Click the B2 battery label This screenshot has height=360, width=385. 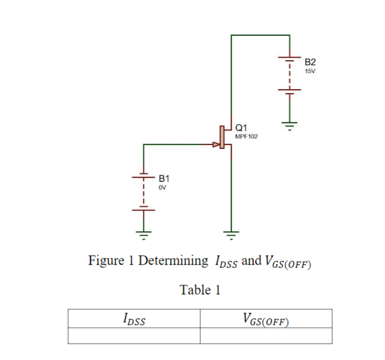[x=310, y=61]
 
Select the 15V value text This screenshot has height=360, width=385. [x=310, y=71]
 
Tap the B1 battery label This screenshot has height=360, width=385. [x=163, y=179]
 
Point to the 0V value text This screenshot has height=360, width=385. [x=162, y=188]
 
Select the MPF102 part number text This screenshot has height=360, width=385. [x=246, y=136]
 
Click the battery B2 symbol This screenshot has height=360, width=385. [x=289, y=75]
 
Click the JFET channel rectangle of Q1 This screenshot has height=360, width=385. [x=222, y=137]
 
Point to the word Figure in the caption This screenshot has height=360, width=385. [x=106, y=261]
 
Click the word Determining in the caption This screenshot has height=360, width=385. [x=173, y=261]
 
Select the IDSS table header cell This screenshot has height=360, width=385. [x=134, y=319]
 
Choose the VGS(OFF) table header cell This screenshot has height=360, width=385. [x=266, y=319]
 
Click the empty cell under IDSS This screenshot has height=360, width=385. [x=134, y=335]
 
